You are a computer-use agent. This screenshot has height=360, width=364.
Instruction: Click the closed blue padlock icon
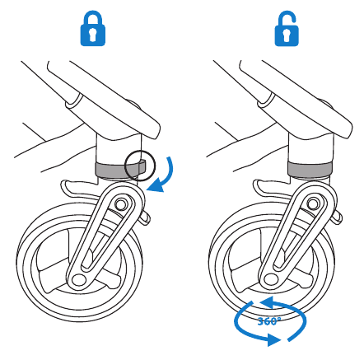(x=93, y=28)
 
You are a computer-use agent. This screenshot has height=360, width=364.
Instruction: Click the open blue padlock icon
(x=287, y=28)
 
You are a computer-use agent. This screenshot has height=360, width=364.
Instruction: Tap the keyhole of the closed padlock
(x=93, y=35)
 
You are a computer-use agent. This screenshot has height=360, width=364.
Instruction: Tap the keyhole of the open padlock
(x=287, y=35)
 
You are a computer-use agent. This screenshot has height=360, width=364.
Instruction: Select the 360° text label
(x=269, y=321)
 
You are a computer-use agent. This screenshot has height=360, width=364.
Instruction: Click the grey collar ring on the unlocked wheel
(x=310, y=169)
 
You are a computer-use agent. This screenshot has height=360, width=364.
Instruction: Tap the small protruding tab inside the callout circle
(x=142, y=166)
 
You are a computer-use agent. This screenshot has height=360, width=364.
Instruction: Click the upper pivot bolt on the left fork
(x=120, y=204)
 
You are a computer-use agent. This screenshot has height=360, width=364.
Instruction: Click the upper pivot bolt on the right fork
(x=312, y=204)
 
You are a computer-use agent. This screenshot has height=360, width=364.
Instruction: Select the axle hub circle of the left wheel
(x=78, y=280)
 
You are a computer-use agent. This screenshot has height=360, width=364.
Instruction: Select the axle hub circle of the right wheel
(x=270, y=280)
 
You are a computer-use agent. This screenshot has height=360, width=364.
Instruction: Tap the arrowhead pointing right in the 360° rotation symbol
(x=274, y=340)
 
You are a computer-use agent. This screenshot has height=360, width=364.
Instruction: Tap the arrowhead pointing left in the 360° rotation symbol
(x=266, y=302)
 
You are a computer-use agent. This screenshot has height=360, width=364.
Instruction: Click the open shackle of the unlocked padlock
(x=287, y=17)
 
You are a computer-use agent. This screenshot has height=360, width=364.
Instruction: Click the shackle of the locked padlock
(x=93, y=17)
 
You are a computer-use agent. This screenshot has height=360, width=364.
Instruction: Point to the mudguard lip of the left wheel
(x=67, y=188)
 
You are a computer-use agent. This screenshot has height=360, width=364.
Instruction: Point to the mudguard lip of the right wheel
(x=259, y=188)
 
